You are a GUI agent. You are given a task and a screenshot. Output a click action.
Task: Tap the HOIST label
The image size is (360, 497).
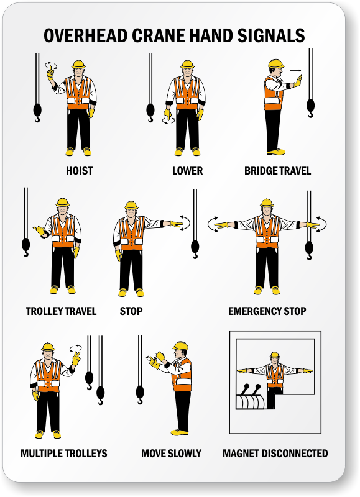click(x=80, y=171)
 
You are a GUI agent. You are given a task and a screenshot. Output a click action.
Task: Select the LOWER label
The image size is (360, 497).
click(x=187, y=171)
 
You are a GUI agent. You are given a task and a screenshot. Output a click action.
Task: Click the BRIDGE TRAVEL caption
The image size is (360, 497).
click(x=277, y=171)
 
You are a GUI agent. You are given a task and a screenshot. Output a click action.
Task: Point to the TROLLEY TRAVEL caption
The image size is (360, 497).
click(x=61, y=311)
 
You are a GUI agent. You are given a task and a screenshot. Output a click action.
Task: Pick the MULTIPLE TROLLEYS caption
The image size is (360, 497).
click(x=64, y=454)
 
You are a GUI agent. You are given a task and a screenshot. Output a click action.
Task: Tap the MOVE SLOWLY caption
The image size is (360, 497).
click(x=171, y=454)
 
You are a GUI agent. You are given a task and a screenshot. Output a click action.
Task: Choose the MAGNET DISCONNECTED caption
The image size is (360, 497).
click(x=275, y=454)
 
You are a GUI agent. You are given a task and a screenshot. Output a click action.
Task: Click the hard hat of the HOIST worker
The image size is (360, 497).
click(x=78, y=64)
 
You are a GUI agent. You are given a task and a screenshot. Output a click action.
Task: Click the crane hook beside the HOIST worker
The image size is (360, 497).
click(x=37, y=113)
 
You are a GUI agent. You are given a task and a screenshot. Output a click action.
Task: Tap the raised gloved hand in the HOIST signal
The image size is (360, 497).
click(x=51, y=73)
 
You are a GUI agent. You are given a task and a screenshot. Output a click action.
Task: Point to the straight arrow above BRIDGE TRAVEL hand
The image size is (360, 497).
click(x=295, y=71)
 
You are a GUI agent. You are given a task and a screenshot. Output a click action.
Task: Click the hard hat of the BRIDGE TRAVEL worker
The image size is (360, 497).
click(x=275, y=63)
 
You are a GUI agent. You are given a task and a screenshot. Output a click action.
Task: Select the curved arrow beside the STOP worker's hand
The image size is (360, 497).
click(x=185, y=223)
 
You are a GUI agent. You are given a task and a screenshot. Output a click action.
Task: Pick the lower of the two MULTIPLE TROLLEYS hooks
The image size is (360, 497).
click(x=101, y=395)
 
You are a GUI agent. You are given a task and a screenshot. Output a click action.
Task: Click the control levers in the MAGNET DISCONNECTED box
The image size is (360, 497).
click(x=250, y=390)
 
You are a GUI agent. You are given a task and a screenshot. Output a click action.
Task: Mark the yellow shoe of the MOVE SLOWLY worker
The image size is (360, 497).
click(x=179, y=432)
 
